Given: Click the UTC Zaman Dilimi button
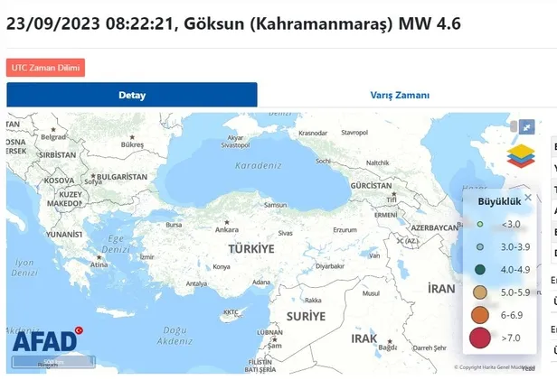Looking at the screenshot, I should point(45,68).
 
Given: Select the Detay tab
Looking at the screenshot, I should point(132,95).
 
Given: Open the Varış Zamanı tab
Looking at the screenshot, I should point(400,95).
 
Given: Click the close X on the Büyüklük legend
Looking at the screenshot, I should point(528,198).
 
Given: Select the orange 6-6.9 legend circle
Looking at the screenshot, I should point(481,315).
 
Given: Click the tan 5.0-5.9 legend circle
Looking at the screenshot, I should point(481,292).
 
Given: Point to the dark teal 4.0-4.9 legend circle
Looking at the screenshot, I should point(481,269).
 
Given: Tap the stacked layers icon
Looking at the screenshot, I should point(520,155).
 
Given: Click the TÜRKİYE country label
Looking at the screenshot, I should point(250,248).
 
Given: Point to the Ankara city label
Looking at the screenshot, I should point(227,229).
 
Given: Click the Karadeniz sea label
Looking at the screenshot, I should point(259,166).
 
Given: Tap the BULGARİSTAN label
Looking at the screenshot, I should point(122,177).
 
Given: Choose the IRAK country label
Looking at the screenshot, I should point(363,338).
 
